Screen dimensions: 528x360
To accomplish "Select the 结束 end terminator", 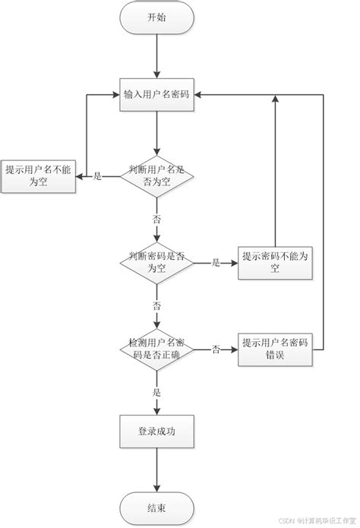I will tap(156, 507).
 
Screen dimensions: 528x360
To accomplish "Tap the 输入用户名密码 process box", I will tap(156, 95).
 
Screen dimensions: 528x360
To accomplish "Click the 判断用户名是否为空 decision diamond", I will tap(156, 176).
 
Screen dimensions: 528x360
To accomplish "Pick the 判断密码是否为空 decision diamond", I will tap(156, 263).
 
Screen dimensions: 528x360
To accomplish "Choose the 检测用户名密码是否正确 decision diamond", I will tap(156, 349).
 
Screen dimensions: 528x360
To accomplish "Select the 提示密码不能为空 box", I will tap(275, 263).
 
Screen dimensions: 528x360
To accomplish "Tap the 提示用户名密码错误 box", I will tap(275, 349).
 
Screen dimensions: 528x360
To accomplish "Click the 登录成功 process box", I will tap(156, 432).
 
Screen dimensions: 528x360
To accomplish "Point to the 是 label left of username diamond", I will tap(97, 176).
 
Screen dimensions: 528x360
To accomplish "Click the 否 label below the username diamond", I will tap(156, 218).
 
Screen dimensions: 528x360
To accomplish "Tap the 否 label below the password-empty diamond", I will tap(156, 305).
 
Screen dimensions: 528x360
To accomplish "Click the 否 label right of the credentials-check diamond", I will tap(216, 349).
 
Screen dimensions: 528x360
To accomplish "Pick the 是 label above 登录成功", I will tap(156, 392).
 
